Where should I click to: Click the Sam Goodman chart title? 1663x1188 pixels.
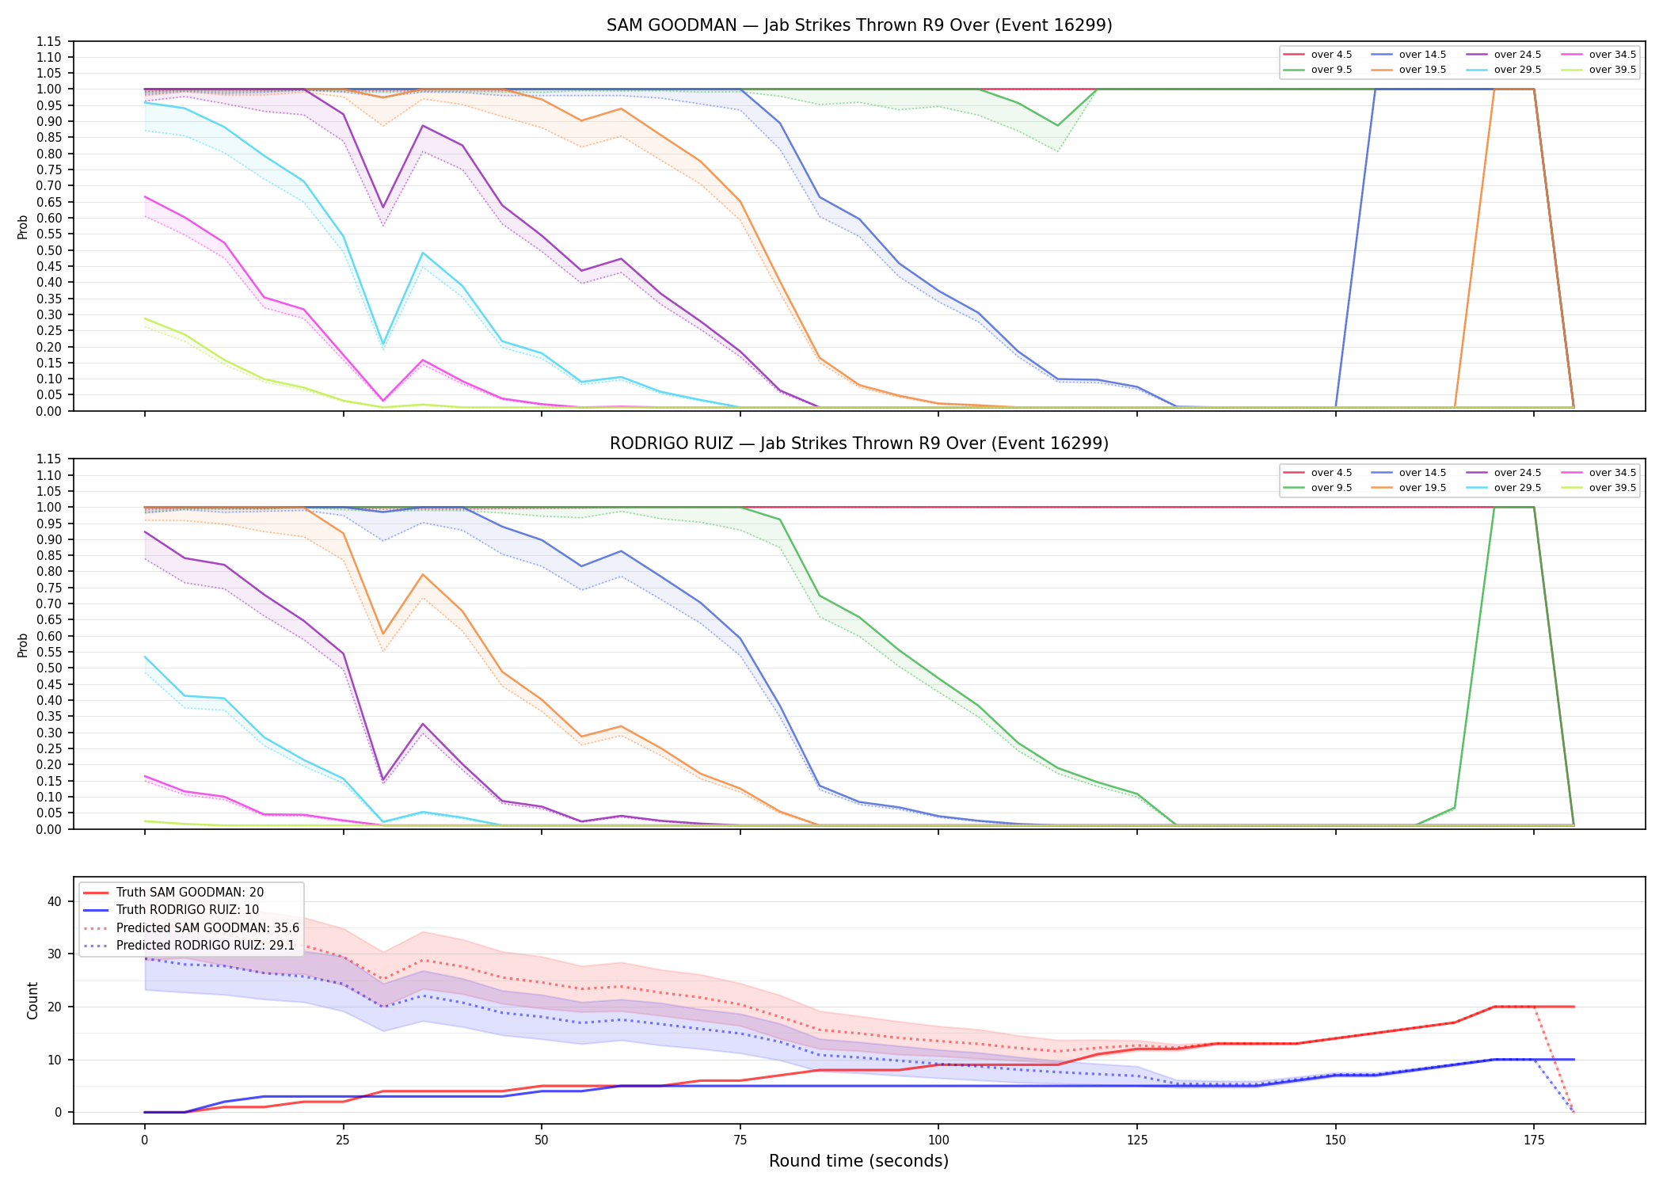pyautogui.click(x=859, y=25)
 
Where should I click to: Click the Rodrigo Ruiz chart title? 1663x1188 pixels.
pyautogui.click(x=859, y=444)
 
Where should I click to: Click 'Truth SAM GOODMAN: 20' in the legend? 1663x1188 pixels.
pyautogui.click(x=173, y=893)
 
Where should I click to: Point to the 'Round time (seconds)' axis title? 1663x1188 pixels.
pyautogui.click(x=858, y=1161)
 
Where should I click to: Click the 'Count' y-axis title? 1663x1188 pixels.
pyautogui.click(x=32, y=1000)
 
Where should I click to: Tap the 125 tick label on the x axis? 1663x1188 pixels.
pyautogui.click(x=1136, y=1140)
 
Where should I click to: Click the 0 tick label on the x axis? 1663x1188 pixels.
pyautogui.click(x=144, y=1140)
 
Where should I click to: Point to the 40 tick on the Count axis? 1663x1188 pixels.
pyautogui.click(x=55, y=901)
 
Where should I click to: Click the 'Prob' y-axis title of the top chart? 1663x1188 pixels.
pyautogui.click(x=22, y=227)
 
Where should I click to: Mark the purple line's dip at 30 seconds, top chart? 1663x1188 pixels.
pyautogui.click(x=383, y=208)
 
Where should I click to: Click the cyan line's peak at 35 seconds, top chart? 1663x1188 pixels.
pyautogui.click(x=423, y=253)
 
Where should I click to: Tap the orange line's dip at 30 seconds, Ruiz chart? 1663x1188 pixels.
pyautogui.click(x=383, y=634)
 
